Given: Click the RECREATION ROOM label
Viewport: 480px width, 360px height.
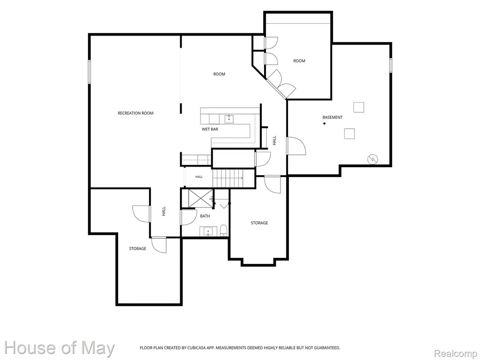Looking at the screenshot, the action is [136, 113].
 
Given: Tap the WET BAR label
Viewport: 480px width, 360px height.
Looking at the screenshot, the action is [210, 129].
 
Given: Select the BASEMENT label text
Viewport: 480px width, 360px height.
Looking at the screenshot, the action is [332, 117].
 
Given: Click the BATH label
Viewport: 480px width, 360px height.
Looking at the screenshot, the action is [205, 216].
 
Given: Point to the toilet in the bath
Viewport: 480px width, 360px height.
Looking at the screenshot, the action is [224, 230].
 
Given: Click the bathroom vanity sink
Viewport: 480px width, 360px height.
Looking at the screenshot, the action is [208, 231].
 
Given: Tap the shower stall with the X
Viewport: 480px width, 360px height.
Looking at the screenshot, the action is [200, 198].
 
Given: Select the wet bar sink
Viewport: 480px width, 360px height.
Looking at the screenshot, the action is [229, 119].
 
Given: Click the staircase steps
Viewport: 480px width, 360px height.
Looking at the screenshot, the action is [228, 178].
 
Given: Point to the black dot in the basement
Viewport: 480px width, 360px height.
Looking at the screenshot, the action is [324, 124].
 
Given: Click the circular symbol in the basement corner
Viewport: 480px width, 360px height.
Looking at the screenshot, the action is [373, 159].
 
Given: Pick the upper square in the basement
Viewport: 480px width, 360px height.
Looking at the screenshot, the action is [359, 107].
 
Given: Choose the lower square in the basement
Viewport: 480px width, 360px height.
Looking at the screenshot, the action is [349, 134].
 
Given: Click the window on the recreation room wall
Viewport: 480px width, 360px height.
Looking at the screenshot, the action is [89, 72].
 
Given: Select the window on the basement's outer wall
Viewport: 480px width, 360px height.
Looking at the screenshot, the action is [391, 65].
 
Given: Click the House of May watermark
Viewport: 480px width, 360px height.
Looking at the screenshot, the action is [59, 348].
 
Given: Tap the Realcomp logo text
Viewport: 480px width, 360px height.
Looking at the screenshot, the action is [456, 353].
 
